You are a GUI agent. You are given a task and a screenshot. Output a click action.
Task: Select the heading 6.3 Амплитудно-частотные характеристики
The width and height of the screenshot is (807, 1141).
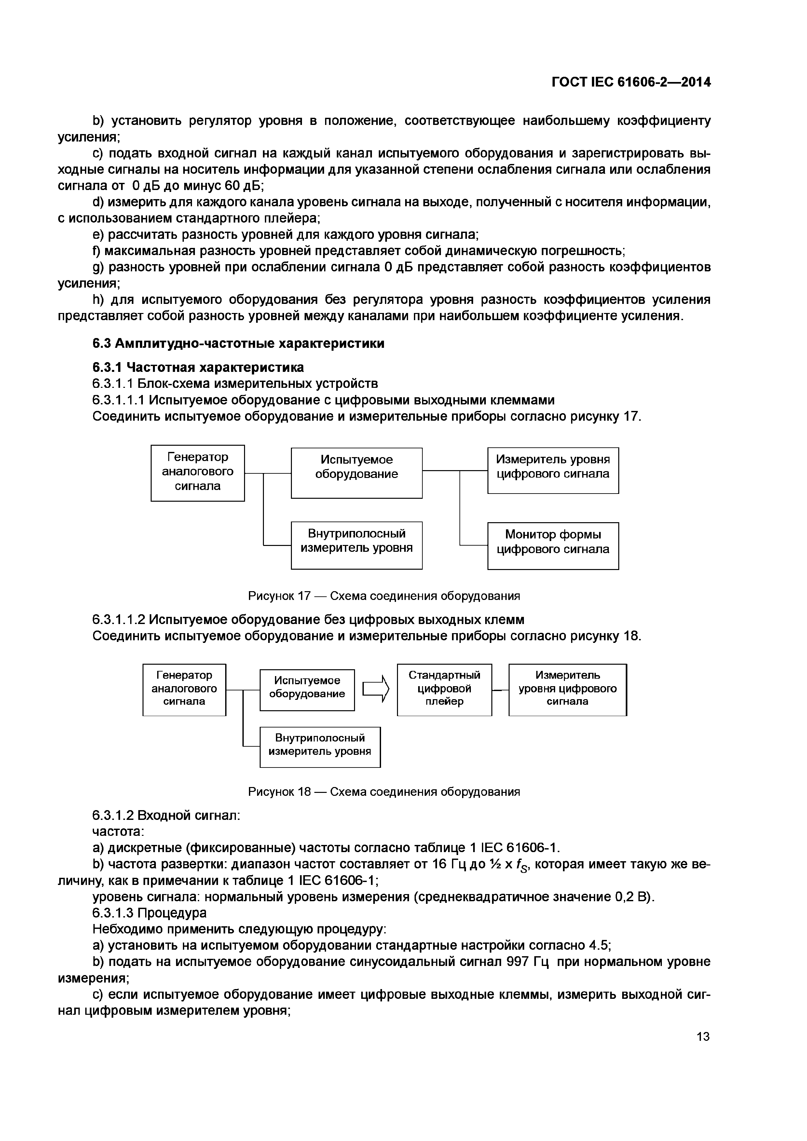click(239, 343)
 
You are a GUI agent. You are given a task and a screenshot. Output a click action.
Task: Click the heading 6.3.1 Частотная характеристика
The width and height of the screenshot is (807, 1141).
click(198, 367)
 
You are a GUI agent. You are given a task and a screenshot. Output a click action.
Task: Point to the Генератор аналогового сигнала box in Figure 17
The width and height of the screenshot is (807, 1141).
click(198, 473)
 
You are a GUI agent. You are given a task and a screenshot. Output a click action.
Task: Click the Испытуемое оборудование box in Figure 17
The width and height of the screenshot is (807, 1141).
click(356, 473)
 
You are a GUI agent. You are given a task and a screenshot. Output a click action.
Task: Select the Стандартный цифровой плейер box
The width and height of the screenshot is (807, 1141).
click(444, 689)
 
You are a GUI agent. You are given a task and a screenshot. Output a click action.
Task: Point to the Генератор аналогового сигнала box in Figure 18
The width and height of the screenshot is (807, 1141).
click(185, 689)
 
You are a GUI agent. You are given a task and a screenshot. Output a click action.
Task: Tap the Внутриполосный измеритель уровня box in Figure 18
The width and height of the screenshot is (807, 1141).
click(320, 747)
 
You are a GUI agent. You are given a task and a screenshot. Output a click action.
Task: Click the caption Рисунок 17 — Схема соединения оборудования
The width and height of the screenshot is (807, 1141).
click(384, 596)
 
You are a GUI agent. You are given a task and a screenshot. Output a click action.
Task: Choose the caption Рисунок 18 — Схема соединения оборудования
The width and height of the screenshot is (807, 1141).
click(384, 792)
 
